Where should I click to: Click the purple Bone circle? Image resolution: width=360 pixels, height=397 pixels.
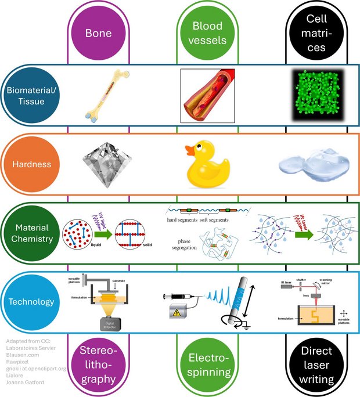pyautogui.click(x=99, y=33)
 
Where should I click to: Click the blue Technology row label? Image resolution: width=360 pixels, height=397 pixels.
pyautogui.click(x=34, y=302)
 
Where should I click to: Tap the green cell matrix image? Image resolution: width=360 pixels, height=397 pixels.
pyautogui.click(x=316, y=95)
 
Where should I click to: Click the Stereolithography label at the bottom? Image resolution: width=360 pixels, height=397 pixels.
pyautogui.click(x=99, y=365)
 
